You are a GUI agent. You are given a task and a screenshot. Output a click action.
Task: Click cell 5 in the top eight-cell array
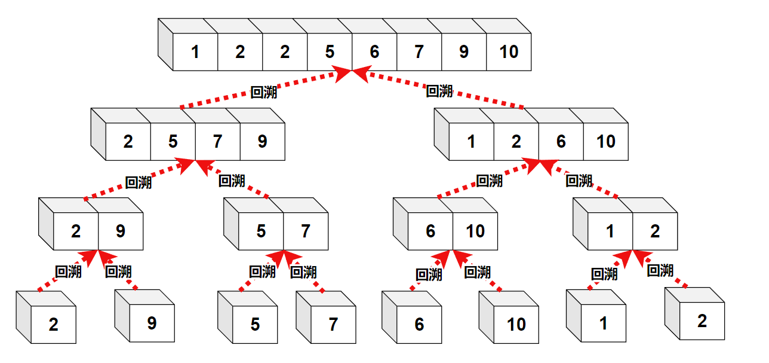pos(330,52)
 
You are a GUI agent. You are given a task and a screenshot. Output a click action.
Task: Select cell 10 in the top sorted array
pos(509,52)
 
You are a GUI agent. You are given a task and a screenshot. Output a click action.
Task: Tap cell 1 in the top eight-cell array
pos(195,52)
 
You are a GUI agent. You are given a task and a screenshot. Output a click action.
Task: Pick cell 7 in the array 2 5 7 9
pos(217,142)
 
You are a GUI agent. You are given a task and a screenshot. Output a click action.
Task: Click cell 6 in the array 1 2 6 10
pos(561,142)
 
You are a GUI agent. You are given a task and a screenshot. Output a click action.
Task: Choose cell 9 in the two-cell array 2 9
pos(121,231)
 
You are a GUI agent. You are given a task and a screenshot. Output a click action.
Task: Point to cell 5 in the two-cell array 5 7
pos(261,231)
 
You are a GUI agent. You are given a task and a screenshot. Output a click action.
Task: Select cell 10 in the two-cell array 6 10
pos(475,231)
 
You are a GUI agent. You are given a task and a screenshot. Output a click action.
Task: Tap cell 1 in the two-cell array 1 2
pos(610,231)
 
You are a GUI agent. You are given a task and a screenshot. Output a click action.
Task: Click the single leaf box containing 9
pos(152,324)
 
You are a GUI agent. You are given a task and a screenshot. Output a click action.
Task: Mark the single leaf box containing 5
pos(255,325)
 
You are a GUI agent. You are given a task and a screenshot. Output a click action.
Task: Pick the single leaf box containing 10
pos(516,325)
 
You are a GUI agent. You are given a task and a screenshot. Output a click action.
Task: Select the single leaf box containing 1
pos(603,324)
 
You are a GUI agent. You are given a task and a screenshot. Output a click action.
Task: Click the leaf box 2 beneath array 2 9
pos(54,325)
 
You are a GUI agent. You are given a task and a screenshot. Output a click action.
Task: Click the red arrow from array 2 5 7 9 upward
pos(263,90)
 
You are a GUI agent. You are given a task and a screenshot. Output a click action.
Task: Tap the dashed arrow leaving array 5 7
pos(236,179)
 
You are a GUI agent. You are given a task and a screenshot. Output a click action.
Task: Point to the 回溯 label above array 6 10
pos(489,181)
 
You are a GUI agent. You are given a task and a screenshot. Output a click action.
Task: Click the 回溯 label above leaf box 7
pos(303,272)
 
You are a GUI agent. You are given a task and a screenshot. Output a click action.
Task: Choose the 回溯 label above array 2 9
pos(138,182)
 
